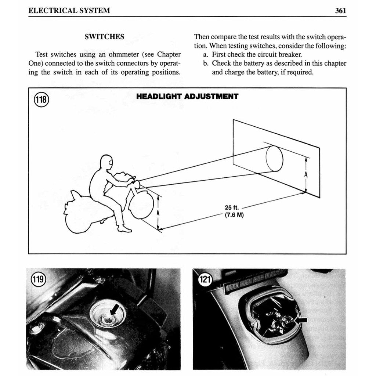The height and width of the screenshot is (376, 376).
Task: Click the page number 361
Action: coord(340,10)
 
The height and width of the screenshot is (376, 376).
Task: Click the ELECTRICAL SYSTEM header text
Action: coord(69,10)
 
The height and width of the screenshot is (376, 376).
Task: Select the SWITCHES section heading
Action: coord(104,37)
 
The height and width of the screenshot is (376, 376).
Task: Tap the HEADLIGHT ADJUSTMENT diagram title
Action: coord(187,97)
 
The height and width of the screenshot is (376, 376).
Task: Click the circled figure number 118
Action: coord(41,100)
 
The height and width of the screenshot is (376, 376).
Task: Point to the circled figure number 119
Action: coord(38,280)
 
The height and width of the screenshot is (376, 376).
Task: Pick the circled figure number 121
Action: coord(205,280)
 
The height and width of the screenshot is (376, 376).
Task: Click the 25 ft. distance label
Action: coord(232,208)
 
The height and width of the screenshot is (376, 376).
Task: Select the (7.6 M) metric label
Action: coord(234,215)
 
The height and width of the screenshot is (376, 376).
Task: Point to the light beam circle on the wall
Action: coord(274,159)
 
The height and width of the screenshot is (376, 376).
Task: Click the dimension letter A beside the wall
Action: coord(306,175)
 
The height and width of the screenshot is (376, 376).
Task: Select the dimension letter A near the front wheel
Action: coord(158,213)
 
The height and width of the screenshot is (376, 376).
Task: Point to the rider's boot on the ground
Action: coord(124,229)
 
